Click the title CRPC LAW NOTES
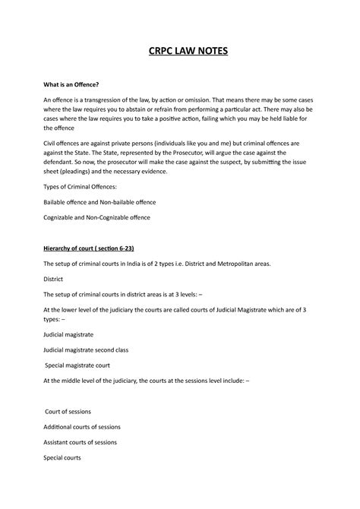coord(180,52)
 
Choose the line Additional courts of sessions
coord(83,427)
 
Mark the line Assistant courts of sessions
coord(81,442)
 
